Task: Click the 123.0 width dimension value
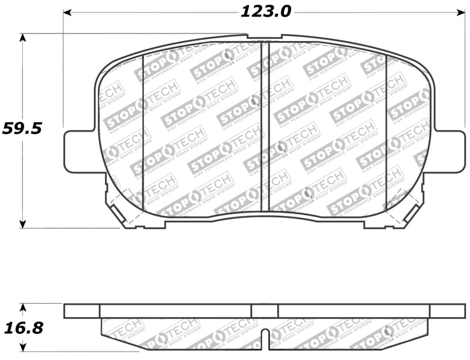tap(266, 11)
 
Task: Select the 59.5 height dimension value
tap(22, 128)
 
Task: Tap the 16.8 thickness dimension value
tap(22, 328)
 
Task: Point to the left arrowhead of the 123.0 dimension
tap(68, 12)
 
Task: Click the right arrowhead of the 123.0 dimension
tap(460, 12)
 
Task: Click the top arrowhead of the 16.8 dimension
tap(23, 307)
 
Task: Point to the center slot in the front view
tap(264, 126)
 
